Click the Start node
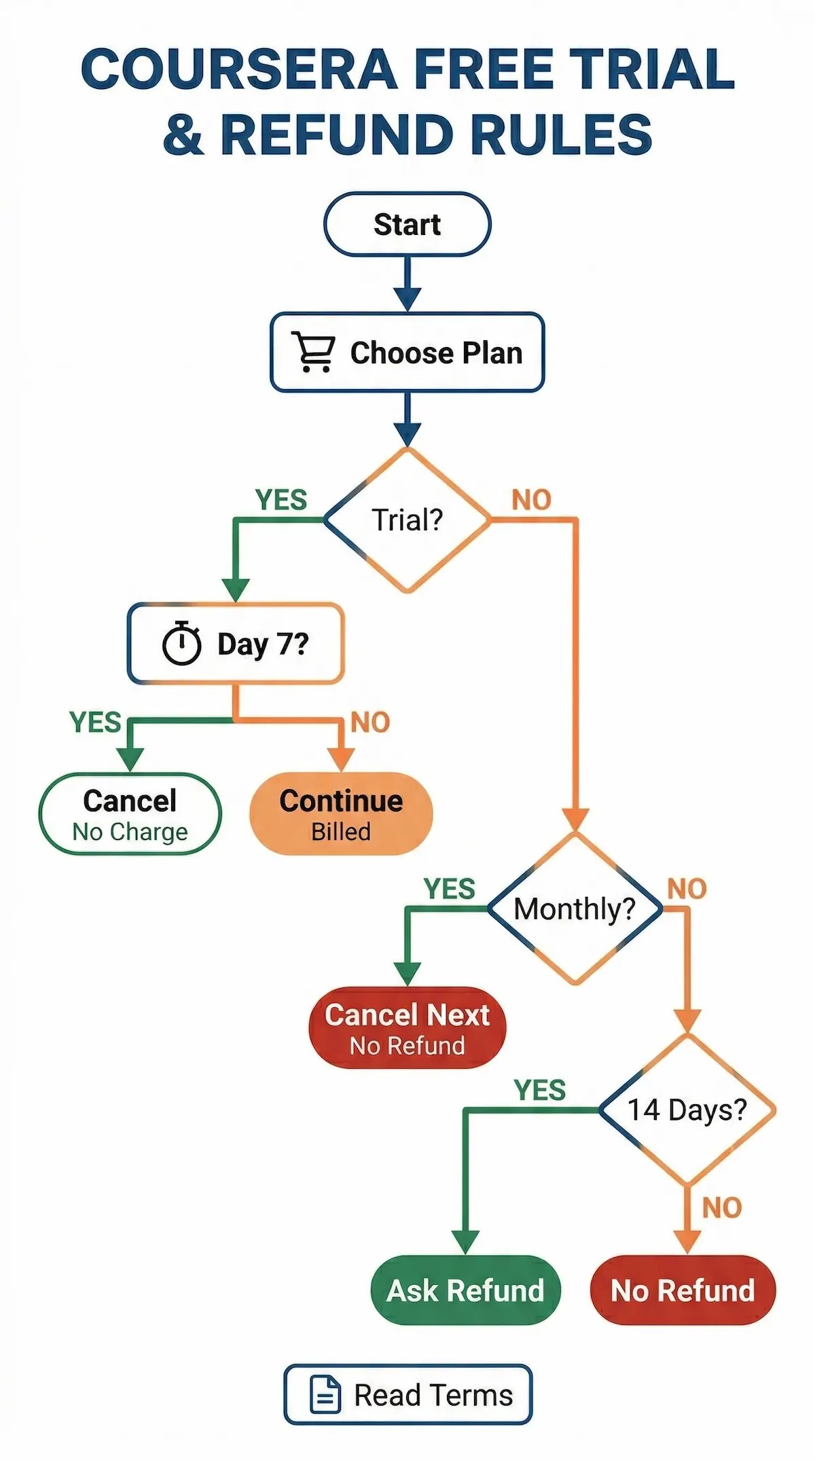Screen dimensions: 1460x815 tap(407, 225)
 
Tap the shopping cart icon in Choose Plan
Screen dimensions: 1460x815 tap(313, 352)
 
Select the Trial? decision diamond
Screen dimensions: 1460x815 tap(407, 520)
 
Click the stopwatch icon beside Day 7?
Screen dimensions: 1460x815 tap(181, 643)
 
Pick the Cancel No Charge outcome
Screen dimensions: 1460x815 tap(130, 814)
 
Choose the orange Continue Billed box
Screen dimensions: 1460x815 tap(341, 814)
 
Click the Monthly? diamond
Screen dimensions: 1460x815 tap(575, 909)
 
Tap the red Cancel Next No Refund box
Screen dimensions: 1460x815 tap(407, 1027)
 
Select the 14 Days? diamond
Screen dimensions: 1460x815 tap(687, 1110)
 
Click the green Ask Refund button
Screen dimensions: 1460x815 tap(466, 1290)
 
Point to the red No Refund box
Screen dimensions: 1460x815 tap(683, 1290)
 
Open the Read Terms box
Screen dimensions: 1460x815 tap(407, 1395)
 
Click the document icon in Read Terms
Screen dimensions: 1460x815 tap(325, 1395)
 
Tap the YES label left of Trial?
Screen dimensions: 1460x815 tap(281, 500)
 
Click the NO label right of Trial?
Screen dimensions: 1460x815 tap(531, 500)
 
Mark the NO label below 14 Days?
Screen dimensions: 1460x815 tap(721, 1208)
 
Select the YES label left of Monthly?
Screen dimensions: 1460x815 tap(449, 888)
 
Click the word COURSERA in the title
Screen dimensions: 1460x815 tap(239, 70)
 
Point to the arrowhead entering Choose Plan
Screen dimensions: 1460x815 tap(407, 299)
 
